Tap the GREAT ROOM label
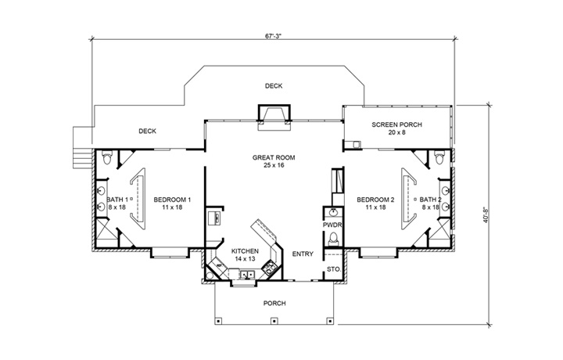pyautogui.click(x=273, y=157)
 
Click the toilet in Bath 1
pyautogui.click(x=108, y=160)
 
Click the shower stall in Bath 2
pyautogui.click(x=443, y=232)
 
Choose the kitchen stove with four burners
pyautogui.click(x=269, y=268)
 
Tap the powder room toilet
pyautogui.click(x=333, y=239)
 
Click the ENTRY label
pyautogui.click(x=303, y=254)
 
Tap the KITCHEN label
pyautogui.click(x=245, y=250)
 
